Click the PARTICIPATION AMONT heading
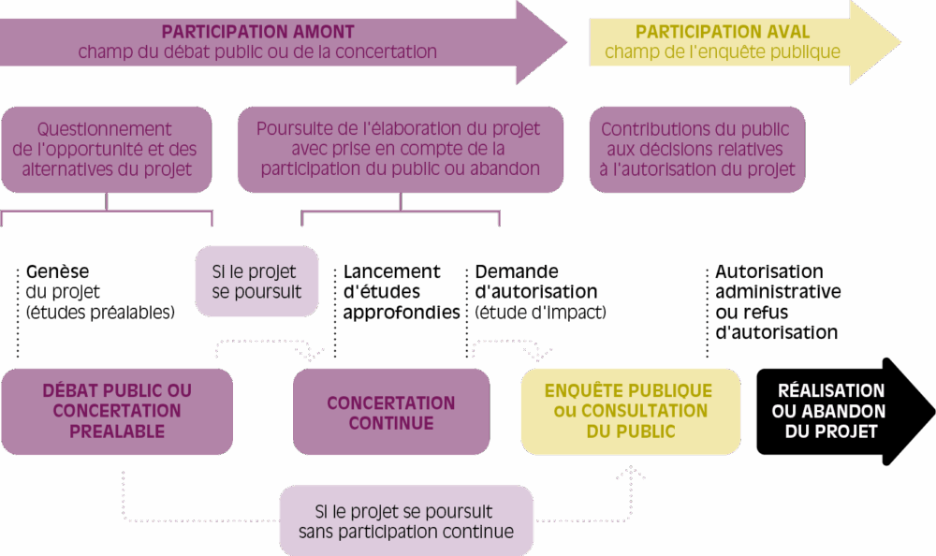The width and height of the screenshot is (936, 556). click(257, 31)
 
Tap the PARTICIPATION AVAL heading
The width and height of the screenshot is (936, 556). click(723, 31)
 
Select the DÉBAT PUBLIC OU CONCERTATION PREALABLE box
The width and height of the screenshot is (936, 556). click(116, 411)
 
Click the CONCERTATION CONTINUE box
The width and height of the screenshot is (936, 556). click(391, 413)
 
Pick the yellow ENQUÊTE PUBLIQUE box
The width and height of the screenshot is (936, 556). click(628, 411)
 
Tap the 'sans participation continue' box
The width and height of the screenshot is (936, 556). click(406, 521)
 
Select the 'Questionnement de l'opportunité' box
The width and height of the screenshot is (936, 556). click(105, 150)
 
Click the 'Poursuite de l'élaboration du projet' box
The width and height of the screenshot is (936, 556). click(400, 149)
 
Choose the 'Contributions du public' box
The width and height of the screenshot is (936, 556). click(695, 150)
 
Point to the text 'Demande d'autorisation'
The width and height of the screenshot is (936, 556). click(535, 282)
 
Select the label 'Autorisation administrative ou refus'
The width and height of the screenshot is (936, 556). click(777, 301)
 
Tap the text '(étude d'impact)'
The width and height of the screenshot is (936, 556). click(540, 312)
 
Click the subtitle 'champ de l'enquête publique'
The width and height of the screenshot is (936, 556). click(723, 52)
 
